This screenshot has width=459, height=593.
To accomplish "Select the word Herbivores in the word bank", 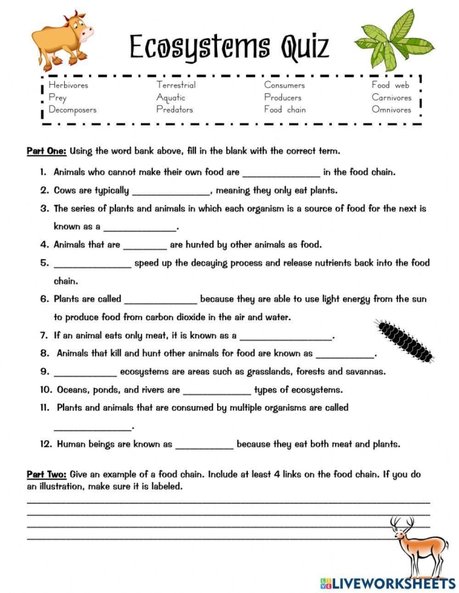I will tap(68, 85).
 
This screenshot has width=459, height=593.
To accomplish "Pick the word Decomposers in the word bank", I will tap(72, 110).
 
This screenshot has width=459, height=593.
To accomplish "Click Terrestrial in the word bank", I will tap(176, 85).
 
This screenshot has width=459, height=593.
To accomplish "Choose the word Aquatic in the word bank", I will tap(170, 98).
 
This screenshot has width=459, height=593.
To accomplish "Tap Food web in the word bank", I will tap(390, 85).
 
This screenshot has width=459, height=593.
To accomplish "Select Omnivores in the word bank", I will tap(391, 110).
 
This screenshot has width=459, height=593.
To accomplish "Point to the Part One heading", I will tap(46, 152).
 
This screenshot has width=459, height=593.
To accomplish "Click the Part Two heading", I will tap(46, 474).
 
